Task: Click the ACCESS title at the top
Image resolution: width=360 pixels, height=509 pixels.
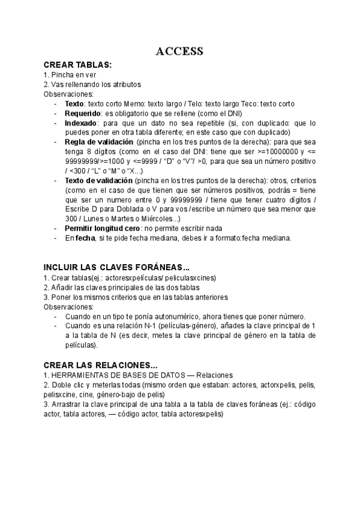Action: click(179, 52)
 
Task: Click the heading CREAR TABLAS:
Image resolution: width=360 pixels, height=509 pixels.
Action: click(77, 65)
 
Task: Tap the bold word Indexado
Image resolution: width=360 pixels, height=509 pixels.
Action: click(81, 122)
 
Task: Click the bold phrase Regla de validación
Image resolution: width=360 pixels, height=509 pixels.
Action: click(99, 142)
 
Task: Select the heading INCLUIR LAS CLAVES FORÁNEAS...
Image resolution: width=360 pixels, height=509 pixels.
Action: click(116, 267)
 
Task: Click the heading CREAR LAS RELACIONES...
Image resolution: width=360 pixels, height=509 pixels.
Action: click(101, 365)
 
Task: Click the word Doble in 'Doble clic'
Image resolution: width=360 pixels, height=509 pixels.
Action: click(62, 385)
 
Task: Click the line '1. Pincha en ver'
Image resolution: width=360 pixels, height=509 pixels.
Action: click(70, 74)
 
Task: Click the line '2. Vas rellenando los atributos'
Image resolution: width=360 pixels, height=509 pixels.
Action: click(92, 84)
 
